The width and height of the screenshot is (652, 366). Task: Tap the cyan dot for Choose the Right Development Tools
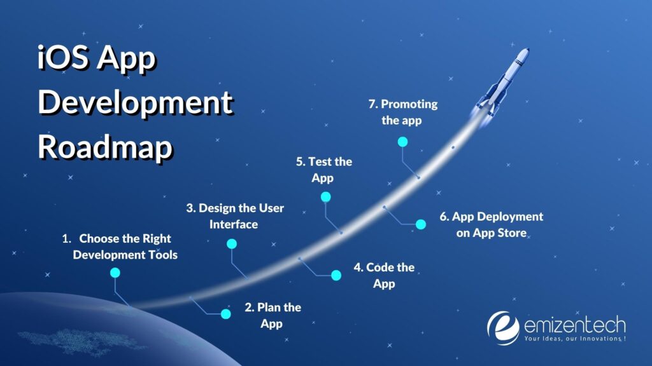pyautogui.click(x=115, y=273)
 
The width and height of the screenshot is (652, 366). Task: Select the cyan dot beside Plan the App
pyautogui.click(x=225, y=313)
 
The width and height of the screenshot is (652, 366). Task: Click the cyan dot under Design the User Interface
pyautogui.click(x=232, y=243)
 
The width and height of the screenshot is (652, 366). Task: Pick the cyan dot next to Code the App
pyautogui.click(x=336, y=275)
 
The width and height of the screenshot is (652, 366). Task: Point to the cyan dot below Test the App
pyautogui.click(x=325, y=197)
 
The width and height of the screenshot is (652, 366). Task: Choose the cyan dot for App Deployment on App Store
pyautogui.click(x=420, y=224)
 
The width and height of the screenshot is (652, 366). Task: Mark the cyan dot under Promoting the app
pyautogui.click(x=402, y=141)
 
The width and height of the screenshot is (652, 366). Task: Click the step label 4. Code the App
pyautogui.click(x=384, y=275)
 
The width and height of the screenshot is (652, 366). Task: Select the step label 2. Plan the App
pyautogui.click(x=273, y=315)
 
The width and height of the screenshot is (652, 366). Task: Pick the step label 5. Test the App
pyautogui.click(x=323, y=170)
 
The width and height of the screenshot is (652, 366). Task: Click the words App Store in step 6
pyautogui.click(x=500, y=233)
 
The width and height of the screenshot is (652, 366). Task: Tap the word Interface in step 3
pyautogui.click(x=234, y=224)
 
